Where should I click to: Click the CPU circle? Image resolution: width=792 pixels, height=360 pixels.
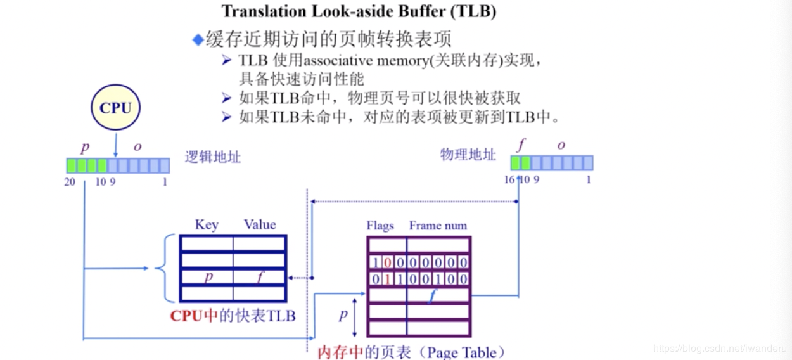tap(115, 108)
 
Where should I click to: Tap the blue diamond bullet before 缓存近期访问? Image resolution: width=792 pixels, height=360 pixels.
tap(198, 40)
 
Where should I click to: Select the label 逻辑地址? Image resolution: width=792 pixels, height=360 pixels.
tap(213, 157)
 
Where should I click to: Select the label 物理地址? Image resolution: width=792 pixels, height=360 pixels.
tap(468, 154)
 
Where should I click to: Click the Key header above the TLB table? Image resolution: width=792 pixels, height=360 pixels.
tap(207, 224)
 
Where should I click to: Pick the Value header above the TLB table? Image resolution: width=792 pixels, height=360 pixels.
tap(260, 224)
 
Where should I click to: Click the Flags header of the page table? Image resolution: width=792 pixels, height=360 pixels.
tap(380, 226)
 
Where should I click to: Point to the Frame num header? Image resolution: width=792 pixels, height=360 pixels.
tap(438, 226)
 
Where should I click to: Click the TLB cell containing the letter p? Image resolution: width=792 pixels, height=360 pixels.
tap(207, 278)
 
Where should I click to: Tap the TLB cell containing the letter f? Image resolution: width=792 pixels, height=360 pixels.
tap(260, 278)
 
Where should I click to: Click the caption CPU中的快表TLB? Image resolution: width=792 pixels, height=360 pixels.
tap(233, 316)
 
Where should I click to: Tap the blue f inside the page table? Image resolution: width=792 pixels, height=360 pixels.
tap(431, 295)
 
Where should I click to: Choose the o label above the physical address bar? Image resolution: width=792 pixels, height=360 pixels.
tap(561, 145)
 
